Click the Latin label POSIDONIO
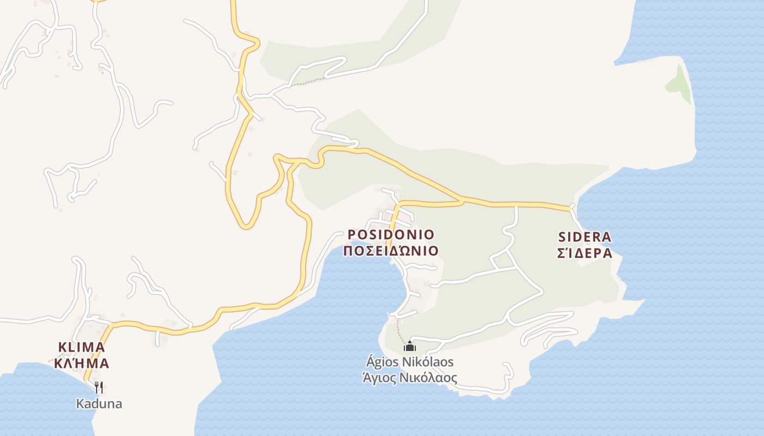[391, 235]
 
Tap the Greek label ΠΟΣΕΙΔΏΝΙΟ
[391, 251]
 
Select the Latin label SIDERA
[584, 237]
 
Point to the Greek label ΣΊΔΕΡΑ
[584, 253]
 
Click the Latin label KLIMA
[81, 347]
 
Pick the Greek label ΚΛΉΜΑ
[81, 364]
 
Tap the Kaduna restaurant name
[99, 404]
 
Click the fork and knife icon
[99, 387]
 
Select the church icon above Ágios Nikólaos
[410, 346]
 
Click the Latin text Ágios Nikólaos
[409, 362]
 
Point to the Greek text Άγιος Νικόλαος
[409, 378]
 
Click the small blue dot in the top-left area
[102, 72]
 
